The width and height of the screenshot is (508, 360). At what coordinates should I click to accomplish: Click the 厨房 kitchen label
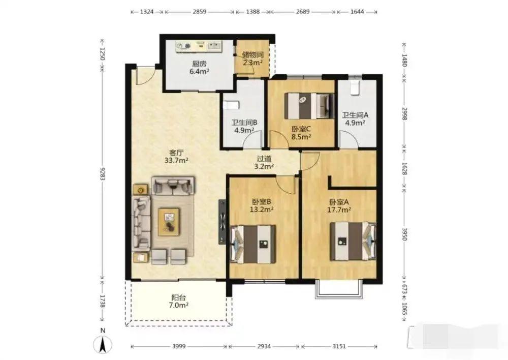point(199,64)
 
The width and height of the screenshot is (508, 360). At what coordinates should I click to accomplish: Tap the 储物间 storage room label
point(252,55)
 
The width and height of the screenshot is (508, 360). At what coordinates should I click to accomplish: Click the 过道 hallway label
point(264,159)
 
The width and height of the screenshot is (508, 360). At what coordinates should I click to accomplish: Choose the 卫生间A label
point(356,115)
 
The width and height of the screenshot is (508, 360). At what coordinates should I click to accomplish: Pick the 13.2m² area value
point(262,209)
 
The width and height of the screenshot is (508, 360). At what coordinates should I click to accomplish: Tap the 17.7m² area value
point(339,210)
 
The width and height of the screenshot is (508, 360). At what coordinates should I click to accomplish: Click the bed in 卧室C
point(309,106)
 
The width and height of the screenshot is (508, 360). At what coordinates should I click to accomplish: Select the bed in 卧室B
point(253,244)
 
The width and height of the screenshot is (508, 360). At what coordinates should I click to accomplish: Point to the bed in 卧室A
point(353,241)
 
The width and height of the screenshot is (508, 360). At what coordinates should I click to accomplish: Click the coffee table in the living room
point(169,222)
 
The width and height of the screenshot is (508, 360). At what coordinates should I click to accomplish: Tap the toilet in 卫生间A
point(355,87)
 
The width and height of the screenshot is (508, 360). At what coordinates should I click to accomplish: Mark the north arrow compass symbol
point(103,344)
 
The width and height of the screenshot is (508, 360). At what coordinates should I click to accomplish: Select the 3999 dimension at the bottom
point(179,346)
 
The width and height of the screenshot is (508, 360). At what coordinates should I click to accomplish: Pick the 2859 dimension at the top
point(200,12)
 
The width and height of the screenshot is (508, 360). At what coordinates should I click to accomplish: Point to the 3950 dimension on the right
point(404,234)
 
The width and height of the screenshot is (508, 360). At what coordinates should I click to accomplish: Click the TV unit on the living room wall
point(223,222)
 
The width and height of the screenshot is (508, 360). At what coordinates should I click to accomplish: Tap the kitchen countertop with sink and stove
point(199,46)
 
